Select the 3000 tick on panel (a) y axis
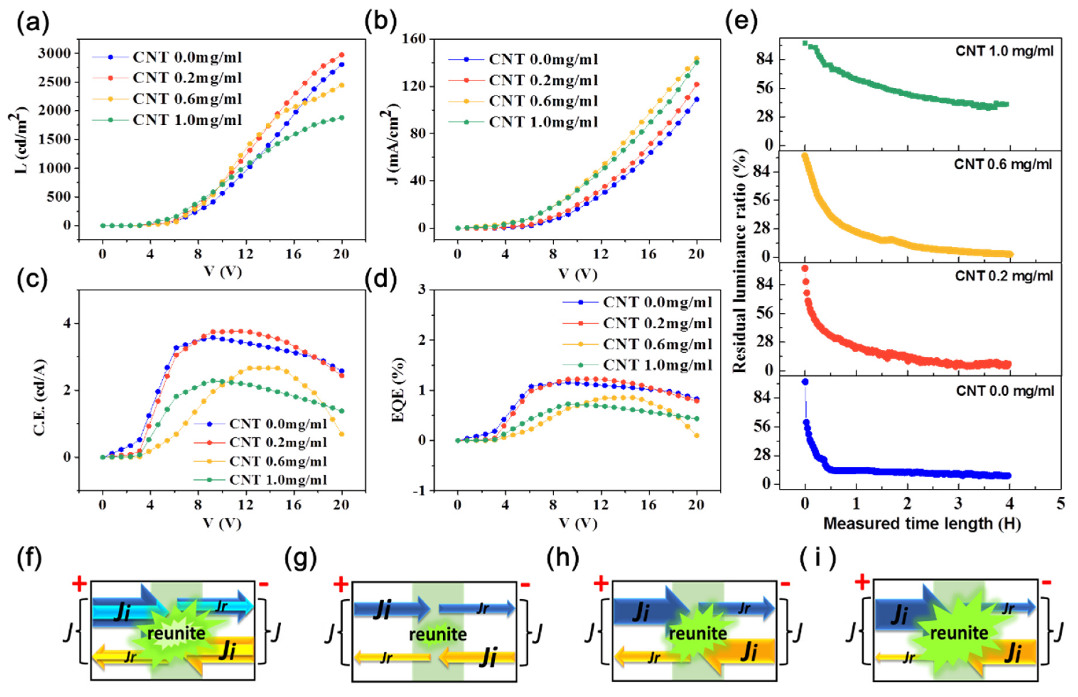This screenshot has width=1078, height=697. click(54, 54)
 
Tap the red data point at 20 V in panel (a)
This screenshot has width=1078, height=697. click(342, 55)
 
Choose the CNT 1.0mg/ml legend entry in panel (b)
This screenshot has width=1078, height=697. click(543, 122)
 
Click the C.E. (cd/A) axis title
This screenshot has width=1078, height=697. click(40, 397)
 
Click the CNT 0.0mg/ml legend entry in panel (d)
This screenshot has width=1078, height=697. click(657, 302)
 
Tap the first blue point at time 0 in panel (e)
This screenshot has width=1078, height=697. click(805, 382)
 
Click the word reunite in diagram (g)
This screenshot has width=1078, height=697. click(438, 634)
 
